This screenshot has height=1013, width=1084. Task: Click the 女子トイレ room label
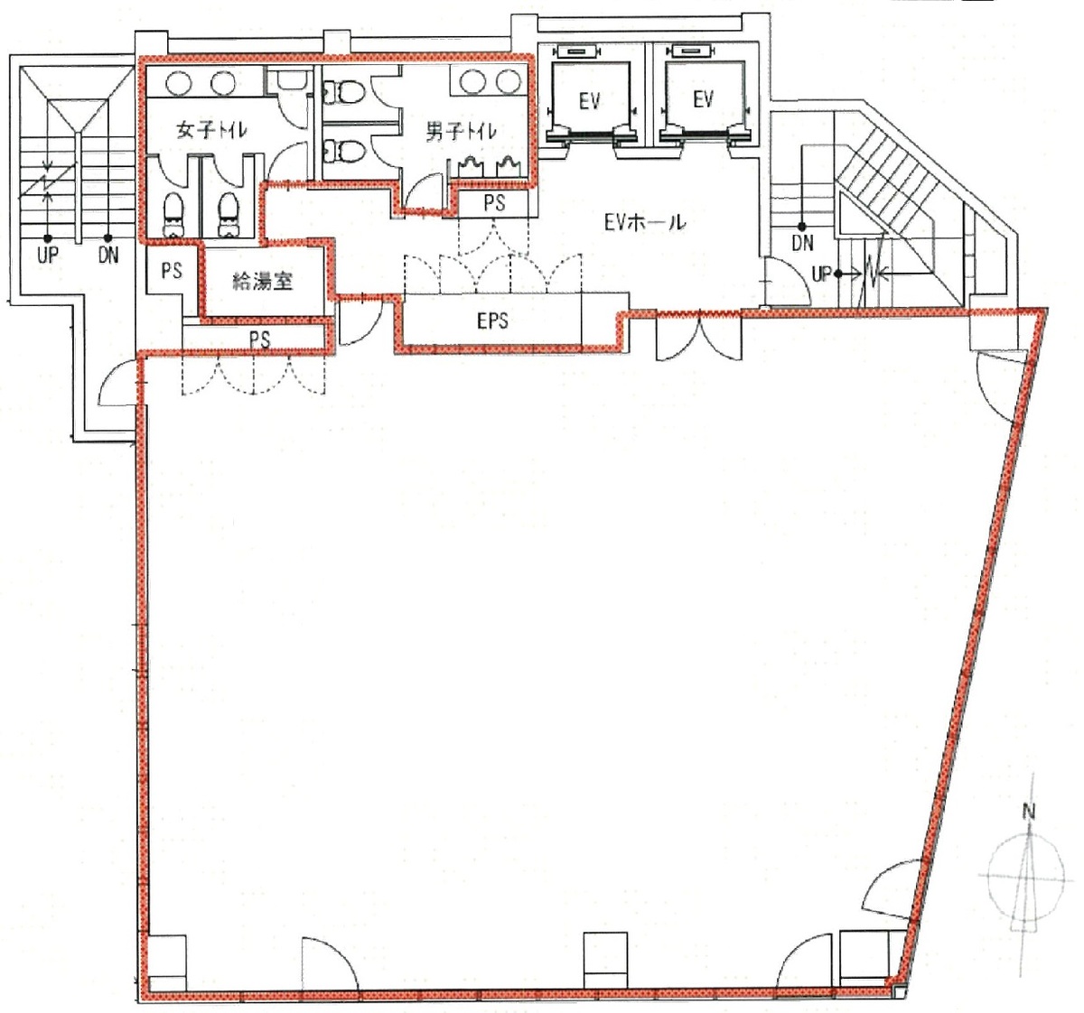point(213,130)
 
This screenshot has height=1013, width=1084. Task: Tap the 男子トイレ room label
point(461,133)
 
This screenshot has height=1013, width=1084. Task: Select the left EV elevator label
point(589,100)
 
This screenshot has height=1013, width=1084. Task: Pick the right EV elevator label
point(704,98)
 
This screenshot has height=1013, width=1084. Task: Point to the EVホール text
point(645,221)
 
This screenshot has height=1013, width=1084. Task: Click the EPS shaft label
point(492,321)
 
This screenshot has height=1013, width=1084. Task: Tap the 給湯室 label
point(262,281)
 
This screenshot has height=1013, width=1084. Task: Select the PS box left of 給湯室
point(172,270)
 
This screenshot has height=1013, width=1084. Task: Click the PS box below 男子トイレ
point(493,203)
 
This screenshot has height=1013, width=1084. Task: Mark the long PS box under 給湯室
point(259,339)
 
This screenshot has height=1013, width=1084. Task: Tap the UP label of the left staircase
point(48,256)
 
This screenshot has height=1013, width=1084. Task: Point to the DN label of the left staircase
point(108,256)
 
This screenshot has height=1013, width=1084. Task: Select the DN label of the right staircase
point(801,243)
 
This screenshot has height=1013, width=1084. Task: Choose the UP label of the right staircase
point(822,274)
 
